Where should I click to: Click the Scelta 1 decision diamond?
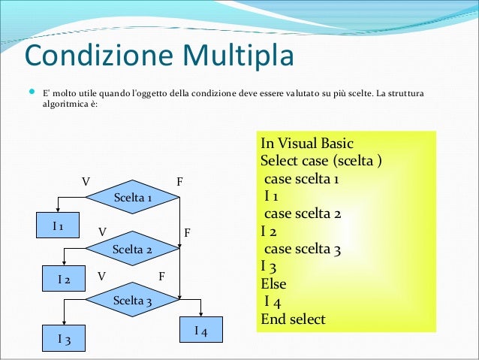[133, 198]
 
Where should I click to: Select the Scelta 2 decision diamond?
[132, 249]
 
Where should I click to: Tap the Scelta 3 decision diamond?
[132, 301]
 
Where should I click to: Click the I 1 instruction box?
[57, 225]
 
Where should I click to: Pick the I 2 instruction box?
[65, 280]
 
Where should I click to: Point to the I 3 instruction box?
[65, 339]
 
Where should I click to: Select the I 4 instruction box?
[201, 331]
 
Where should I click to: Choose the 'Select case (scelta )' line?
[321, 161]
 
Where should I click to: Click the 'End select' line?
[293, 319]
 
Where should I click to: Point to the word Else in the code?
[273, 284]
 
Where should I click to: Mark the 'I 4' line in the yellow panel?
[273, 302]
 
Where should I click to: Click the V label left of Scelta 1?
[86, 182]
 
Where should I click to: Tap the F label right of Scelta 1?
[179, 182]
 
